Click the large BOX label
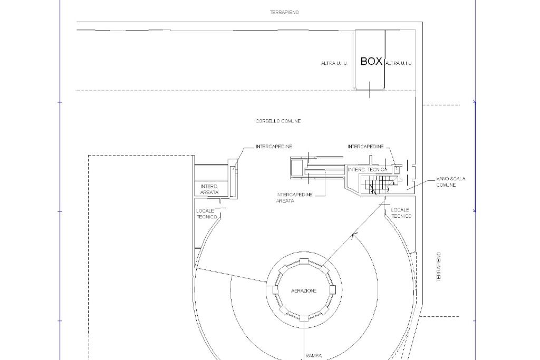point(371,61)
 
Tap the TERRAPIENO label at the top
point(284,13)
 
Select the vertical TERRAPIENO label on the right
point(439,267)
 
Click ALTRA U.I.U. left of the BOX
point(334,63)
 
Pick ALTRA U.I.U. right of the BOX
point(399,63)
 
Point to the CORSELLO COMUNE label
point(278,121)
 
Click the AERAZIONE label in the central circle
point(304,291)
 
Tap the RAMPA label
point(313,356)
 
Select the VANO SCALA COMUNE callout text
point(451,182)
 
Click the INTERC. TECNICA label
point(368,170)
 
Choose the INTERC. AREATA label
point(209,189)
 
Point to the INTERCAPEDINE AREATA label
point(294,198)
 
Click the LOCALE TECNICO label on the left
point(207,213)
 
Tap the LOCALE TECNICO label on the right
point(401,213)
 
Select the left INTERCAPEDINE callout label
point(274,147)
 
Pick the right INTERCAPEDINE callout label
point(365,147)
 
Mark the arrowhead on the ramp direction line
point(354,236)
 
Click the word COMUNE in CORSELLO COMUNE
point(291,121)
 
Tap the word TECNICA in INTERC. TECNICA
point(378,170)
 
